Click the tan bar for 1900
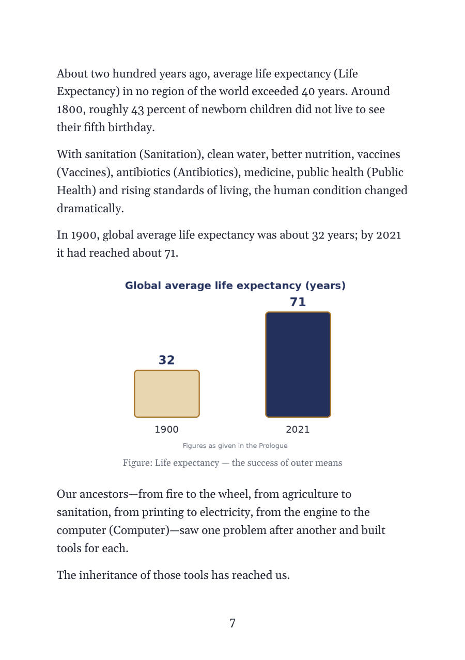166,394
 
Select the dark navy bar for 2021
298,364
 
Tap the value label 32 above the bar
166,360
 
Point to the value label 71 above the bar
298,302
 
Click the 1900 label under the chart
166,429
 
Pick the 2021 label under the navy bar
298,429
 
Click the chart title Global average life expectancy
235,286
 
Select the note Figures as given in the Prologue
235,446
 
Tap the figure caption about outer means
233,463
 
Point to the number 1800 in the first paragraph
71,109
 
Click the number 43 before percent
137,109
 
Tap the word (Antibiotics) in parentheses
207,172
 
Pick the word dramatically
90,209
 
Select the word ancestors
104,494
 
